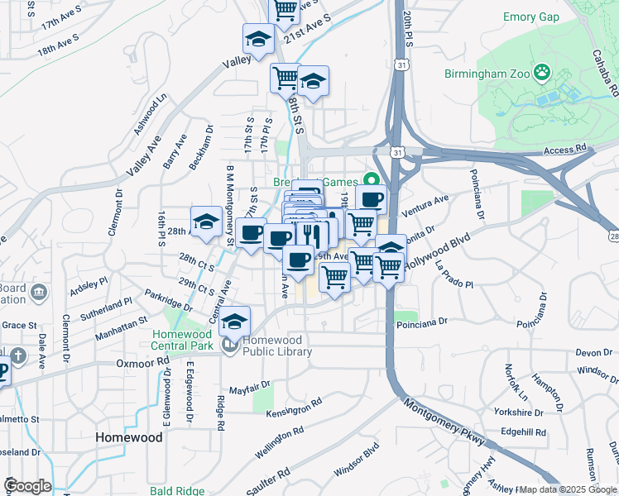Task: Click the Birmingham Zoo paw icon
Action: coord(542,73)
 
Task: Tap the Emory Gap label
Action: coord(530,17)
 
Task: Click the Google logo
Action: coord(27,486)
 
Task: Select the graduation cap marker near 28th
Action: coord(206,222)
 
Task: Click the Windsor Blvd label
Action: coord(357,459)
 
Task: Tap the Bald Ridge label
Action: coord(177,491)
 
